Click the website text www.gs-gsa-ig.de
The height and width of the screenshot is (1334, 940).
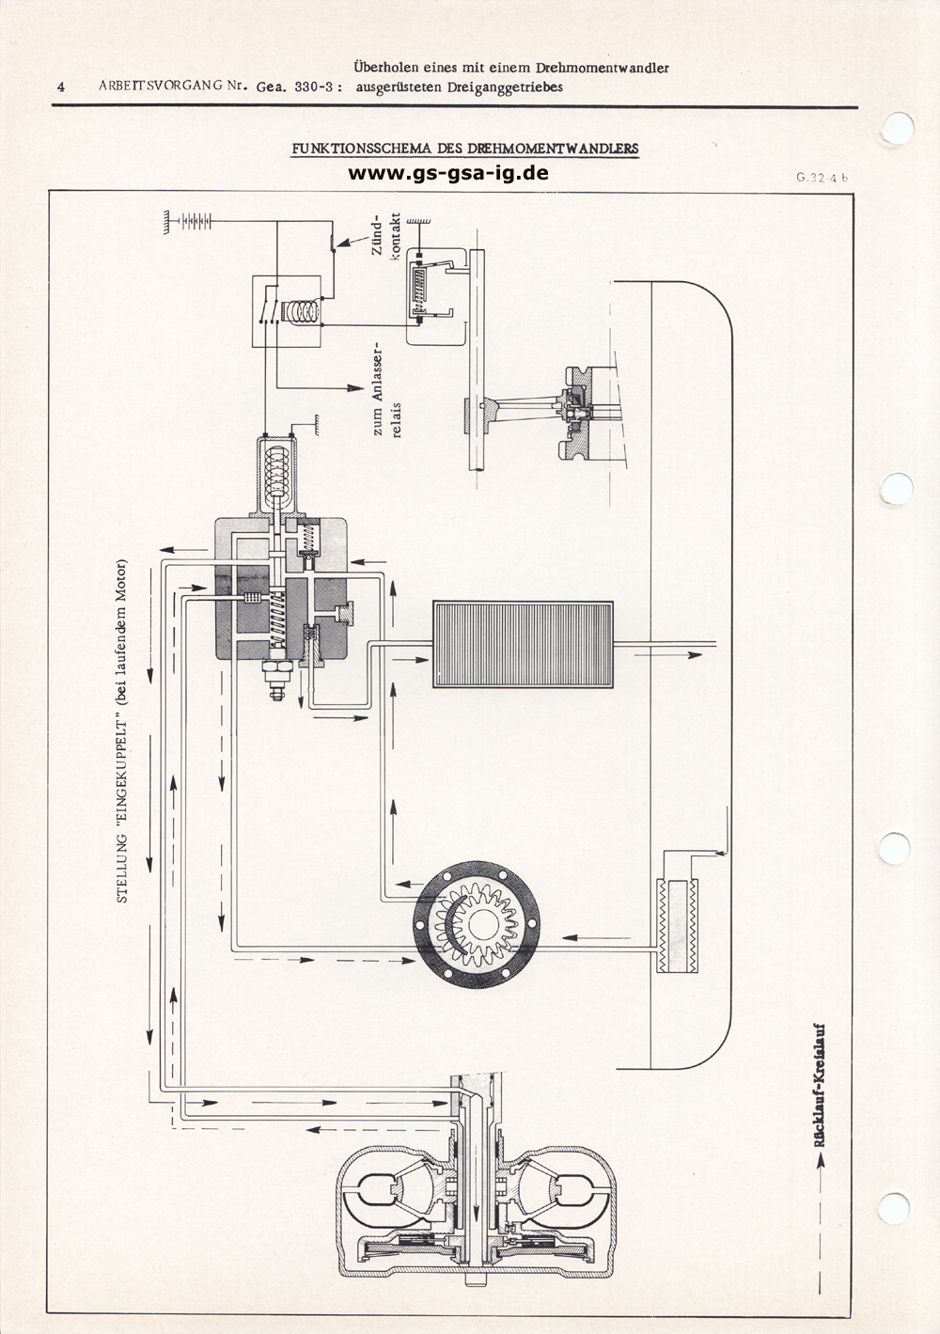[x=447, y=173]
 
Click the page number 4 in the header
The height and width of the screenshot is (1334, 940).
[x=61, y=86]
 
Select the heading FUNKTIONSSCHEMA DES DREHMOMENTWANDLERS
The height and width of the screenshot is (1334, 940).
[x=465, y=149]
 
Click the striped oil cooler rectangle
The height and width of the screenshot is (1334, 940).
[x=523, y=644]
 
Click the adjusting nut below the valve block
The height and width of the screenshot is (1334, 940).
[x=275, y=679]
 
